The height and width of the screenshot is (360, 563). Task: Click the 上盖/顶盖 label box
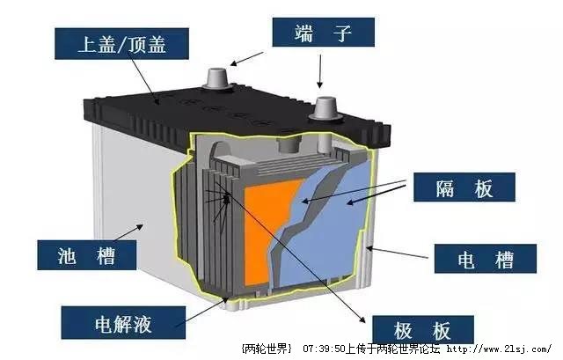(121, 44)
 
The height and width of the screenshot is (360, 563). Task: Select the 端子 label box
(323, 33)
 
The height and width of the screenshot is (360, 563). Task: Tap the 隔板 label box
(464, 187)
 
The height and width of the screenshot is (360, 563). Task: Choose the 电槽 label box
(486, 259)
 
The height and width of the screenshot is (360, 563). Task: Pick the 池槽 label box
(86, 255)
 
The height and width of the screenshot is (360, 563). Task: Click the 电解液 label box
(123, 323)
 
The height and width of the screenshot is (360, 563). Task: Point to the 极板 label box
(423, 329)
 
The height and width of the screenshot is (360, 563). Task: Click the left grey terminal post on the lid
(217, 79)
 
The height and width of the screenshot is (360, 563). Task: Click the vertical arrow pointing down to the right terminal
(319, 71)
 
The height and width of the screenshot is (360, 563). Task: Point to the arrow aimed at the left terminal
(246, 59)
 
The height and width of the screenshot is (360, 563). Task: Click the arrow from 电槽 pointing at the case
(397, 253)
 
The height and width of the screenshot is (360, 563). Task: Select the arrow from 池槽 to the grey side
(128, 232)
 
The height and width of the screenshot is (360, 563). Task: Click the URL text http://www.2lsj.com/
(500, 349)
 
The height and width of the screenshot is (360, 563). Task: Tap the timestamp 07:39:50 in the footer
(324, 349)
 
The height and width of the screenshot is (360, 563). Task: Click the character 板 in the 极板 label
(442, 330)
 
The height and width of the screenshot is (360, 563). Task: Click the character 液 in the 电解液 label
(143, 324)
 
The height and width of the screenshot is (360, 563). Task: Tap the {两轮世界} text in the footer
(267, 349)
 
